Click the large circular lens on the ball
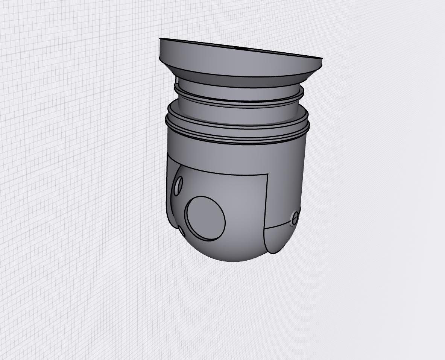coord(205,218)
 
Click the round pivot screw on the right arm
coord(295,217)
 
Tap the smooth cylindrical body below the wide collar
coord(233,154)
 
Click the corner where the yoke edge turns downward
coord(267,175)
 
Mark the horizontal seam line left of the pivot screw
coord(278,225)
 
